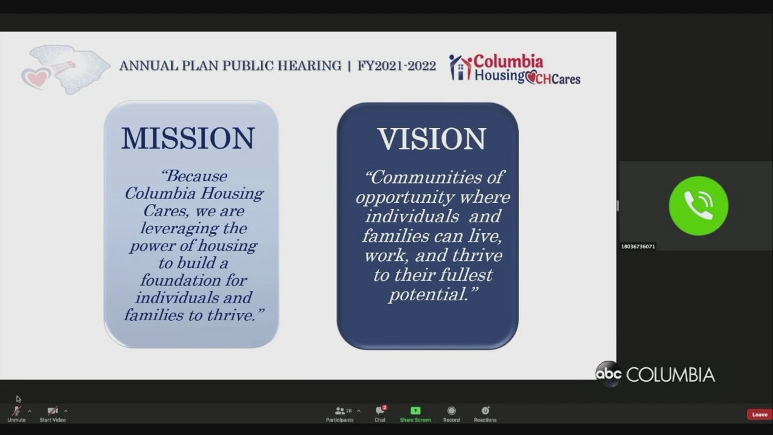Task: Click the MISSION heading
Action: pyautogui.click(x=188, y=138)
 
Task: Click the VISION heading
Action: pyautogui.click(x=432, y=139)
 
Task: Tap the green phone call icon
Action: pyautogui.click(x=699, y=206)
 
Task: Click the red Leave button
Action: pyautogui.click(x=760, y=414)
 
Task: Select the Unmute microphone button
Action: pyautogui.click(x=16, y=414)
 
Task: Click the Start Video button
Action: pyautogui.click(x=53, y=414)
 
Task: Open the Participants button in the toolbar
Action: pyautogui.click(x=340, y=414)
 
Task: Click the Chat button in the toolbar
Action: pyautogui.click(x=380, y=414)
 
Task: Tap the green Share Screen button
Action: pyautogui.click(x=415, y=414)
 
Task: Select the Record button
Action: pyautogui.click(x=451, y=414)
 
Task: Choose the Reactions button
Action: pyautogui.click(x=485, y=414)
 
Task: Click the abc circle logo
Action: pyautogui.click(x=608, y=374)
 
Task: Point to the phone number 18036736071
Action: pyautogui.click(x=638, y=246)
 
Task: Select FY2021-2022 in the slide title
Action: pyautogui.click(x=397, y=66)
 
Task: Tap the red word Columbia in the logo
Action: pyautogui.click(x=508, y=62)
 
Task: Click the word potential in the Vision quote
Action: pyautogui.click(x=429, y=295)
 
